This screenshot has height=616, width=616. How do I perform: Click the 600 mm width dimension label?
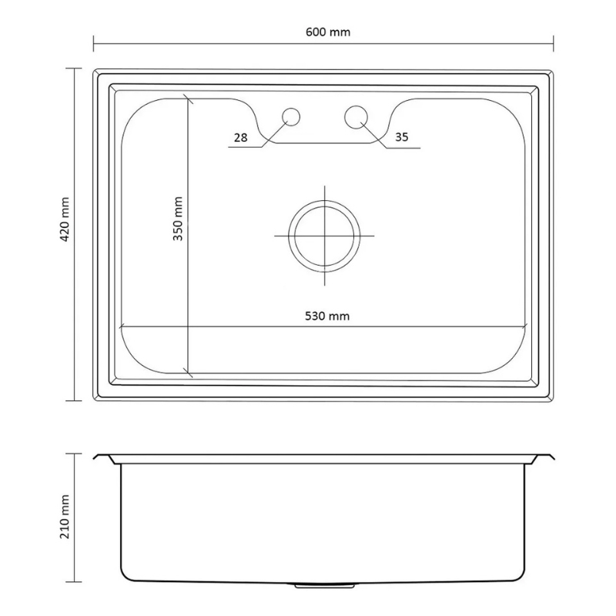(x=323, y=32)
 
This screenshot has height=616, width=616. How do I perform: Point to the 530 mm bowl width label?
(x=323, y=315)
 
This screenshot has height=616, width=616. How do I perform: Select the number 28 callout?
(x=239, y=138)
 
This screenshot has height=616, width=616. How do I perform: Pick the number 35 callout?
(x=401, y=138)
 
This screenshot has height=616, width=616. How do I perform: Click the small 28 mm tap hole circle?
(x=291, y=116)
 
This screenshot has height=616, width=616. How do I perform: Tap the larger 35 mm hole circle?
(x=356, y=116)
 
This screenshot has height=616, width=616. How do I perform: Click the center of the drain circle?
(x=324, y=235)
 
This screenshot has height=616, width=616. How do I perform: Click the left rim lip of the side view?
(x=103, y=459)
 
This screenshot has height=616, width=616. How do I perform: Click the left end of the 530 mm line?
(x=121, y=327)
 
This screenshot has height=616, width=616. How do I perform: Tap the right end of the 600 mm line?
(x=553, y=42)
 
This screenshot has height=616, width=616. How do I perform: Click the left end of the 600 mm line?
(x=94, y=42)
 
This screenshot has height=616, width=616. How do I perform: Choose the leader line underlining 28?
(x=245, y=147)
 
